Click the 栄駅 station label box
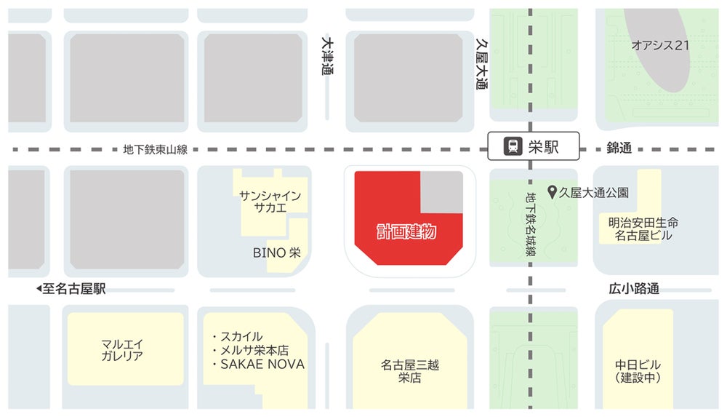coord(534,146)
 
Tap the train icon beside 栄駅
coord(513,146)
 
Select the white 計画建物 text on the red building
coord(406,232)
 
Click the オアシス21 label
coord(659,45)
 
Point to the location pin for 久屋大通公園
coord(553,192)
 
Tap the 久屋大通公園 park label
coord(594,193)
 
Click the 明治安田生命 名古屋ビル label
coord(643,229)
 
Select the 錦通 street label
coord(619,148)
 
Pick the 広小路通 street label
coord(634,289)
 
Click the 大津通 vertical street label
coord(327,56)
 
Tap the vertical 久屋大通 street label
coord(481,63)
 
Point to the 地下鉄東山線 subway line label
coord(156,150)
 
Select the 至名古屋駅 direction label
coord(71,289)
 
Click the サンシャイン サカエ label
coord(270,201)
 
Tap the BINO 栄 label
coord(276,253)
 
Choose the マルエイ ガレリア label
coord(122,349)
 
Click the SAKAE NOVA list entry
coord(262,364)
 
